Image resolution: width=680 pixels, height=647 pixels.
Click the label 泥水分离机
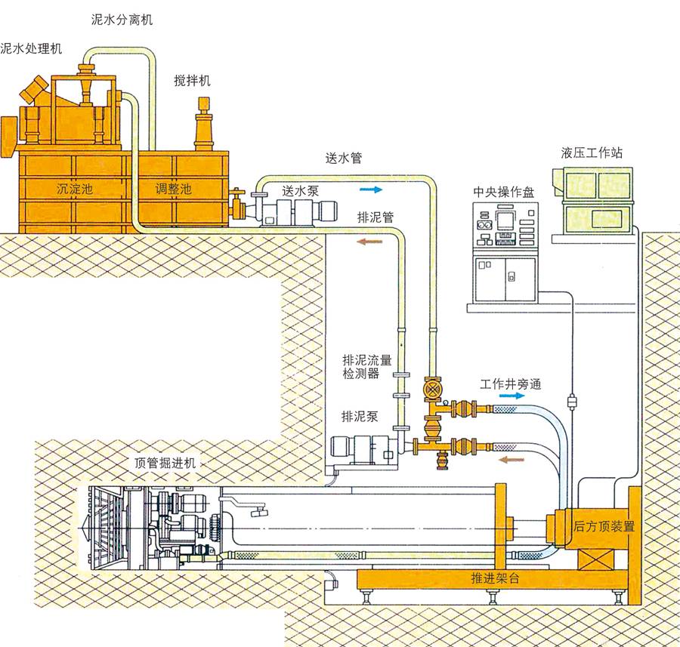122,20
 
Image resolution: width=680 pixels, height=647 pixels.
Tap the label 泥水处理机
31,48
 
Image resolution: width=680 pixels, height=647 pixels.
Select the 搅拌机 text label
192,81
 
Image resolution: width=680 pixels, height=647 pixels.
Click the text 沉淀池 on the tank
75,189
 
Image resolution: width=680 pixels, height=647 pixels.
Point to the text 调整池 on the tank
174,189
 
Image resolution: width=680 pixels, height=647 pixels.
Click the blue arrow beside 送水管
371,189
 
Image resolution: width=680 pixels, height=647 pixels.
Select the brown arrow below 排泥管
369,242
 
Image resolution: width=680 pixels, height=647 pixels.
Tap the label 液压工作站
592,153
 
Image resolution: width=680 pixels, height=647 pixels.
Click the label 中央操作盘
504,192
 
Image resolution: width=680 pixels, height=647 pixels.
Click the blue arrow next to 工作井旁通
514,396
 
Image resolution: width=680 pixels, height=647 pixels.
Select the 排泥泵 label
360,417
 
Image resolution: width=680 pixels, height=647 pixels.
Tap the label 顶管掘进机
165,464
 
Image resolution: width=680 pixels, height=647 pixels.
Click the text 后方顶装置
604,526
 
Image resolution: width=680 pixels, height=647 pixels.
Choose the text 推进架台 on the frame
495,578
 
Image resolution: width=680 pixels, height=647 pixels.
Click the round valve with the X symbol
432,389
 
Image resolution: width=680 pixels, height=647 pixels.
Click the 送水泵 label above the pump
301,191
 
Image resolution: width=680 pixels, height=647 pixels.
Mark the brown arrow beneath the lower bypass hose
512,460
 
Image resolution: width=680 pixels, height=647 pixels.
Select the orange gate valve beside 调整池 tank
238,205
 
